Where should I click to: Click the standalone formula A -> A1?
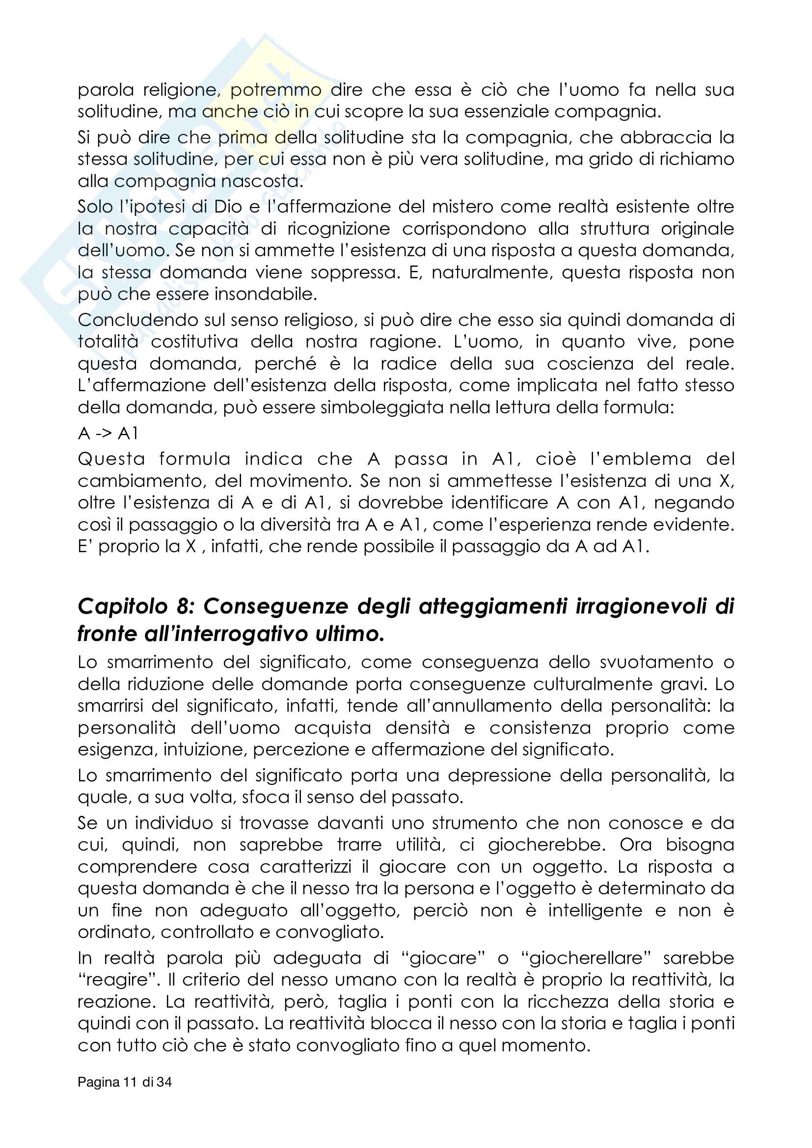(108, 433)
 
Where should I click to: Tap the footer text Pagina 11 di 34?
(125, 1082)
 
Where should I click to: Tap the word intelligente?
(595, 910)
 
